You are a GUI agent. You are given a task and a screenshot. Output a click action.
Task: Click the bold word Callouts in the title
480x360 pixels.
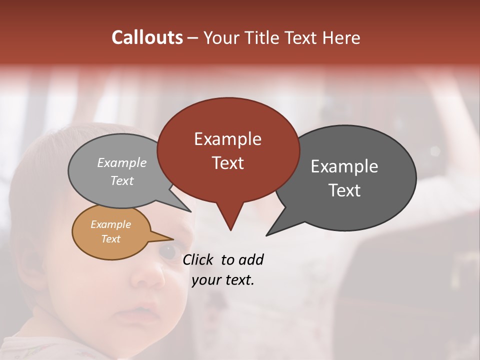(x=147, y=37)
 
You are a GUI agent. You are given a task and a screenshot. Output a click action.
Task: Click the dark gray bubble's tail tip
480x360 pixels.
(x=268, y=234)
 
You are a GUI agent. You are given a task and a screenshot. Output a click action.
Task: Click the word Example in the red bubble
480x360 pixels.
(x=227, y=139)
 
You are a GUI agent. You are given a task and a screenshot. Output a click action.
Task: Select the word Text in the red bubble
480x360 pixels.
(x=227, y=163)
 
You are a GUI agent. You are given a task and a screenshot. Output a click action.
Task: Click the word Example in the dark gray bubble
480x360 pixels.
(x=344, y=166)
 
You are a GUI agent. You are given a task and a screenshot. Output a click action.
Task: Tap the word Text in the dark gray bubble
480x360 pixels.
(x=344, y=190)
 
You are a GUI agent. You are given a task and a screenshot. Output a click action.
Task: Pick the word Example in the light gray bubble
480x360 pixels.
(x=122, y=162)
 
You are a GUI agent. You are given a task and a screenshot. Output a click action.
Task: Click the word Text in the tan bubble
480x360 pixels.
(x=110, y=239)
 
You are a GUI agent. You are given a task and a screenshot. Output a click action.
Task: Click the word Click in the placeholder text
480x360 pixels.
(x=199, y=259)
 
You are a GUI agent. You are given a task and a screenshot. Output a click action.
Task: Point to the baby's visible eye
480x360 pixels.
(x=167, y=251)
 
